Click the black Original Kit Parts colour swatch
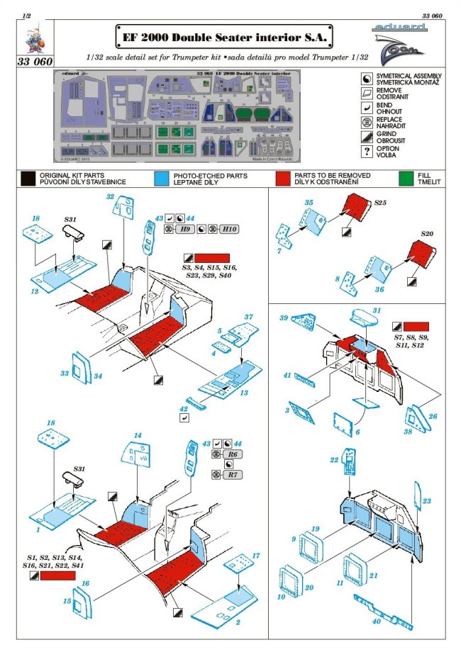(28, 178)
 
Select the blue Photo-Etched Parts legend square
(160, 178)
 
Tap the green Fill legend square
(404, 178)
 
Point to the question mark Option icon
(366, 151)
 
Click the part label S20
(426, 234)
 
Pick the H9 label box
(186, 230)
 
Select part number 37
(248, 315)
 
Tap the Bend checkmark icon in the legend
(366, 107)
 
